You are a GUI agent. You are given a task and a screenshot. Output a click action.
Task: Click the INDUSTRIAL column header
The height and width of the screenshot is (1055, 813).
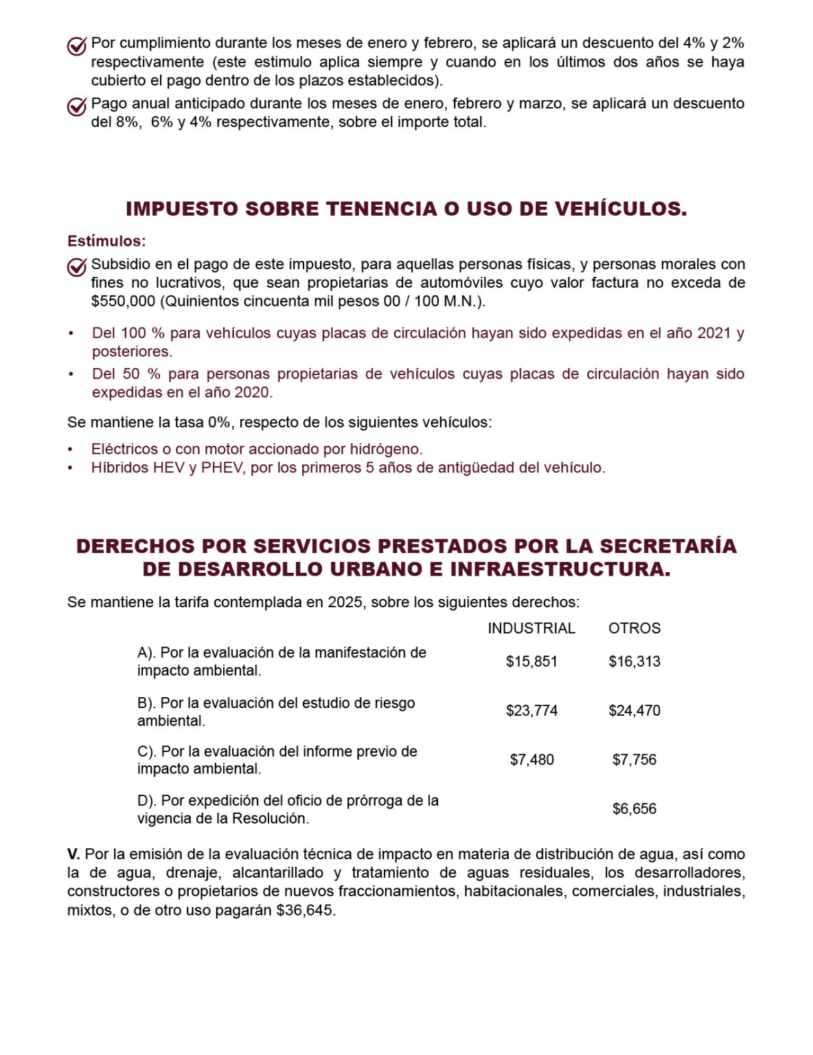pos(531,628)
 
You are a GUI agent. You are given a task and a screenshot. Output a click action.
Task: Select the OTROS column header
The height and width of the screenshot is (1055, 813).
pos(634,628)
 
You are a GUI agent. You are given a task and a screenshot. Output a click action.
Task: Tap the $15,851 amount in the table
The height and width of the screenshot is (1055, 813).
pos(531,661)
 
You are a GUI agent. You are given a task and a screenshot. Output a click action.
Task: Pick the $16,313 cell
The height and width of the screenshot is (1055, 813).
pos(634,661)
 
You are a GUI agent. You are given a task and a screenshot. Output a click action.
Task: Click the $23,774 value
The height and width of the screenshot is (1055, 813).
pos(531,710)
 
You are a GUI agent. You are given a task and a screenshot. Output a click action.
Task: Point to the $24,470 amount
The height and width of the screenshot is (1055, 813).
pos(634,710)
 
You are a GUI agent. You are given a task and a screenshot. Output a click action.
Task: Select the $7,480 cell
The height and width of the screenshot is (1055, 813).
pos(531,760)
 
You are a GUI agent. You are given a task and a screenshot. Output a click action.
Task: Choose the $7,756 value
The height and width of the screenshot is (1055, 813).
pos(634,760)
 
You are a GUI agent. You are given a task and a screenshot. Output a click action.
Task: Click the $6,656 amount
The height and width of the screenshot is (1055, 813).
pos(634,808)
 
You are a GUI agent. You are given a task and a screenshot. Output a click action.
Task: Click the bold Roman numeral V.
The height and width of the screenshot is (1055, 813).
pos(73,854)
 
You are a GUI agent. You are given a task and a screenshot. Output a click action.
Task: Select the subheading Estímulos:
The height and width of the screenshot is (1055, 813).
pos(106,241)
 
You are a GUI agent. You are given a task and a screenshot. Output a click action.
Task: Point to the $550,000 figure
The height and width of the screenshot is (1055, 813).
pos(123,301)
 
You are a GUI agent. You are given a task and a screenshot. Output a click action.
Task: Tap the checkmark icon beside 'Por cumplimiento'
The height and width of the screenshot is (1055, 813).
pos(76,46)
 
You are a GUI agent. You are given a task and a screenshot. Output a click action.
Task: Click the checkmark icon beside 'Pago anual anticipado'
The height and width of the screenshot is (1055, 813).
pos(76,106)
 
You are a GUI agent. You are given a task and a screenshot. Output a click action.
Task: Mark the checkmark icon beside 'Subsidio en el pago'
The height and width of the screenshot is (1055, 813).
pos(76,267)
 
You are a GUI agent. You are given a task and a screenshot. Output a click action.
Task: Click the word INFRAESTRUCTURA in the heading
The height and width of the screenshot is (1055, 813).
pos(560,569)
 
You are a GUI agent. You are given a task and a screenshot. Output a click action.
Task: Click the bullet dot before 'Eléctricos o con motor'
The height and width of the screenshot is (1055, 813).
pos(70,449)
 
